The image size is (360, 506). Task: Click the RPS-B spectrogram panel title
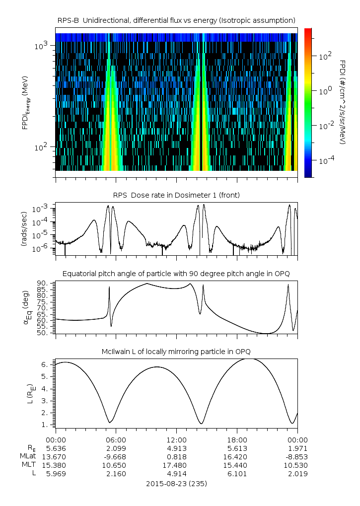point(176,20)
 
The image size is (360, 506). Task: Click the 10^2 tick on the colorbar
point(325,56)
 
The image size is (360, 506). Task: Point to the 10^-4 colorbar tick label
point(325,161)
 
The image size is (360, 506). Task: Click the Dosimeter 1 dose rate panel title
point(176,195)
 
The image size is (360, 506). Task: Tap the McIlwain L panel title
point(176,352)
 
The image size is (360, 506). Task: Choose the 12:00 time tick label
point(176,439)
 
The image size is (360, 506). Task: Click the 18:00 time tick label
point(237,439)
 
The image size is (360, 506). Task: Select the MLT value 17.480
point(176,465)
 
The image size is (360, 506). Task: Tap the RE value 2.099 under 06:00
point(116,448)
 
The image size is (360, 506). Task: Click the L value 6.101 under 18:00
point(237,474)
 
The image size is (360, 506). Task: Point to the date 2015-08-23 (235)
point(176,483)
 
